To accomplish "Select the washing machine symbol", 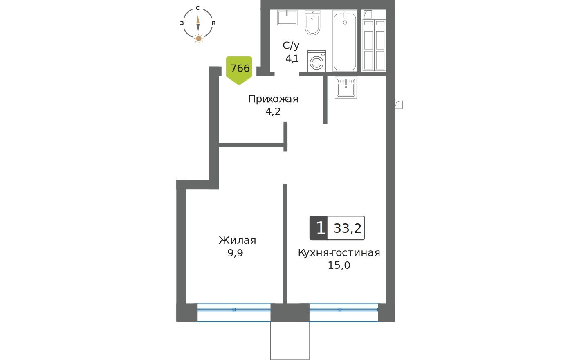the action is click(316, 61).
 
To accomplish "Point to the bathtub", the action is click(345, 40).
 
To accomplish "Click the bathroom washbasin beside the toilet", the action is click(287, 17).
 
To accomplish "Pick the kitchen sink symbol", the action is click(346, 88).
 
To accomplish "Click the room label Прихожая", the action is click(273, 99).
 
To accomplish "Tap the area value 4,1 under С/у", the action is click(292, 59).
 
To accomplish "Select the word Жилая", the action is click(237, 241).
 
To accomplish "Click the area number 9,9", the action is click(235, 253).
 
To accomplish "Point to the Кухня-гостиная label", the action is click(339, 253).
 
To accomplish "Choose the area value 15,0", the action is click(339, 265).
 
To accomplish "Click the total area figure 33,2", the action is click(348, 228).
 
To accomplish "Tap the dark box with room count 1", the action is click(319, 228).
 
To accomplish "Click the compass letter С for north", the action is click(198, 8).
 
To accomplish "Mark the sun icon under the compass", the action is click(198, 39).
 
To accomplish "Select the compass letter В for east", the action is click(213, 23).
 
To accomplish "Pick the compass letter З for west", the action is click(182, 23).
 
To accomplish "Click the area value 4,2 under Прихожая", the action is click(273, 111).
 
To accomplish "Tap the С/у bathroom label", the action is click(291, 46).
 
